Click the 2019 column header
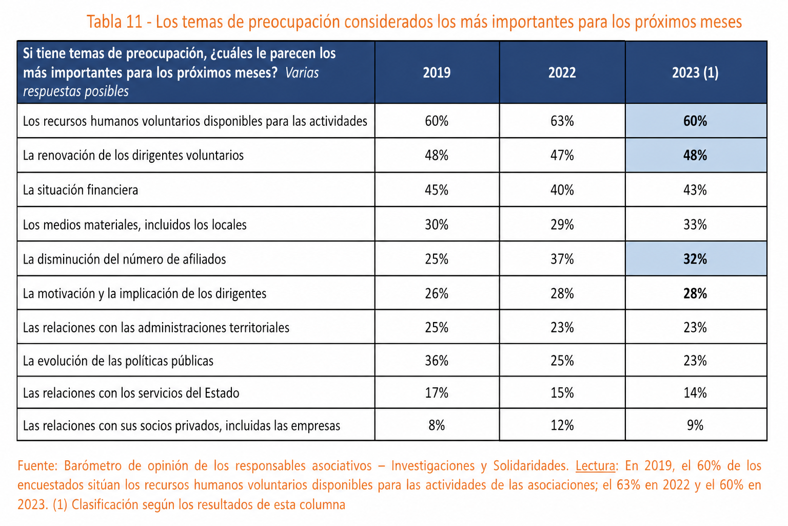point(437,72)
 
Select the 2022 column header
point(562,72)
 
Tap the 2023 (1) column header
point(695,72)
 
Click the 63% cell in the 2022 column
point(562,121)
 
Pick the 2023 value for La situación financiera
point(695,190)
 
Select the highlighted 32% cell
point(695,259)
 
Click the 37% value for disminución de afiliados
point(562,259)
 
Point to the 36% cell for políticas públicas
point(437,361)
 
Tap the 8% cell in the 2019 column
point(437,425)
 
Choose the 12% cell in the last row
point(562,425)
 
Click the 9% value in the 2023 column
point(695,425)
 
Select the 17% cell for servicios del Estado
point(437,392)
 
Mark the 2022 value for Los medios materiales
point(562,224)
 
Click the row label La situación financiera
point(81,190)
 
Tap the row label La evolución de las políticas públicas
point(118,361)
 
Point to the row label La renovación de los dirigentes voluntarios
point(133,155)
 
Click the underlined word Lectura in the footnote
point(596,466)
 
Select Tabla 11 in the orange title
point(114,22)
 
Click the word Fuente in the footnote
point(37,466)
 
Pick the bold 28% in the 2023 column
point(695,293)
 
